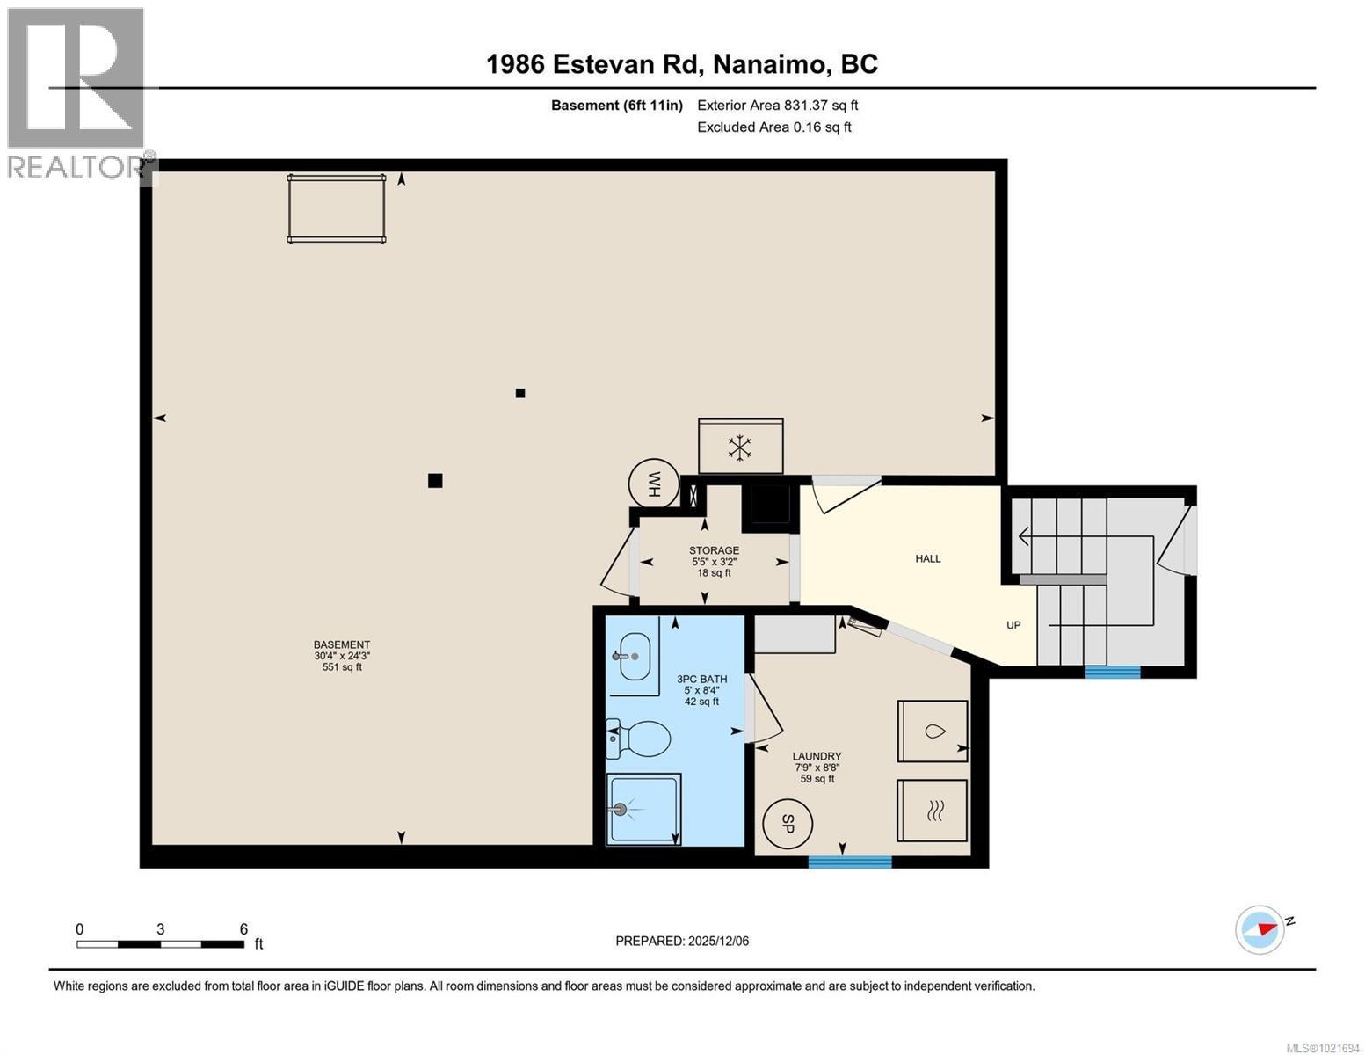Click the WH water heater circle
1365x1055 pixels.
click(654, 484)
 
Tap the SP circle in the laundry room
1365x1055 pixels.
click(788, 825)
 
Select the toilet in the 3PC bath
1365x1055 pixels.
click(640, 738)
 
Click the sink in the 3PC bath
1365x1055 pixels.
click(635, 657)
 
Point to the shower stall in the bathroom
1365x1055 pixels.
click(643, 810)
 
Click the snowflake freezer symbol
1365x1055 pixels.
click(740, 447)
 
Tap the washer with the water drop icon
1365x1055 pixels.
click(932, 731)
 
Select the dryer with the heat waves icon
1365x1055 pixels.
click(932, 811)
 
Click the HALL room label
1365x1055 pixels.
click(928, 558)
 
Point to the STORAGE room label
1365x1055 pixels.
click(714, 551)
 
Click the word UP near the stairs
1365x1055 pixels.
click(1013, 625)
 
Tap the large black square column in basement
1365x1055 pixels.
click(435, 480)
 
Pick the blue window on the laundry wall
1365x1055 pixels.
click(850, 862)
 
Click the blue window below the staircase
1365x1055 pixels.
click(1112, 673)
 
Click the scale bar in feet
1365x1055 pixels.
click(161, 944)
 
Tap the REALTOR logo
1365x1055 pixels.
click(77, 92)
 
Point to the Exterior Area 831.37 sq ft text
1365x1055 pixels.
click(777, 105)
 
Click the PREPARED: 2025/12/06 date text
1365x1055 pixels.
click(682, 941)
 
